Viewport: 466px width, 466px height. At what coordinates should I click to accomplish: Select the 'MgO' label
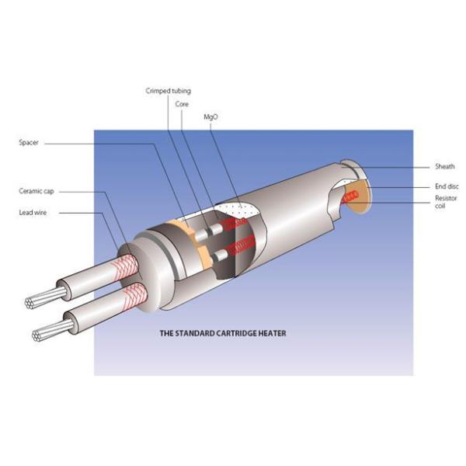pyautogui.click(x=210, y=116)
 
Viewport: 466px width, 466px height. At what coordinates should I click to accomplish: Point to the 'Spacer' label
pyautogui.click(x=30, y=143)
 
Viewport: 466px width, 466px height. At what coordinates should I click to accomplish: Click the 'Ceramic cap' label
pyautogui.click(x=35, y=190)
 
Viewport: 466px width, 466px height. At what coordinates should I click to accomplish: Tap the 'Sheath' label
pyautogui.click(x=444, y=166)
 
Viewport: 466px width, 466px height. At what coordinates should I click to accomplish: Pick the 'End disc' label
pyautogui.click(x=446, y=186)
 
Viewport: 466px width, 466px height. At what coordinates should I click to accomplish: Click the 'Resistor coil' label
pyautogui.click(x=445, y=202)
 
